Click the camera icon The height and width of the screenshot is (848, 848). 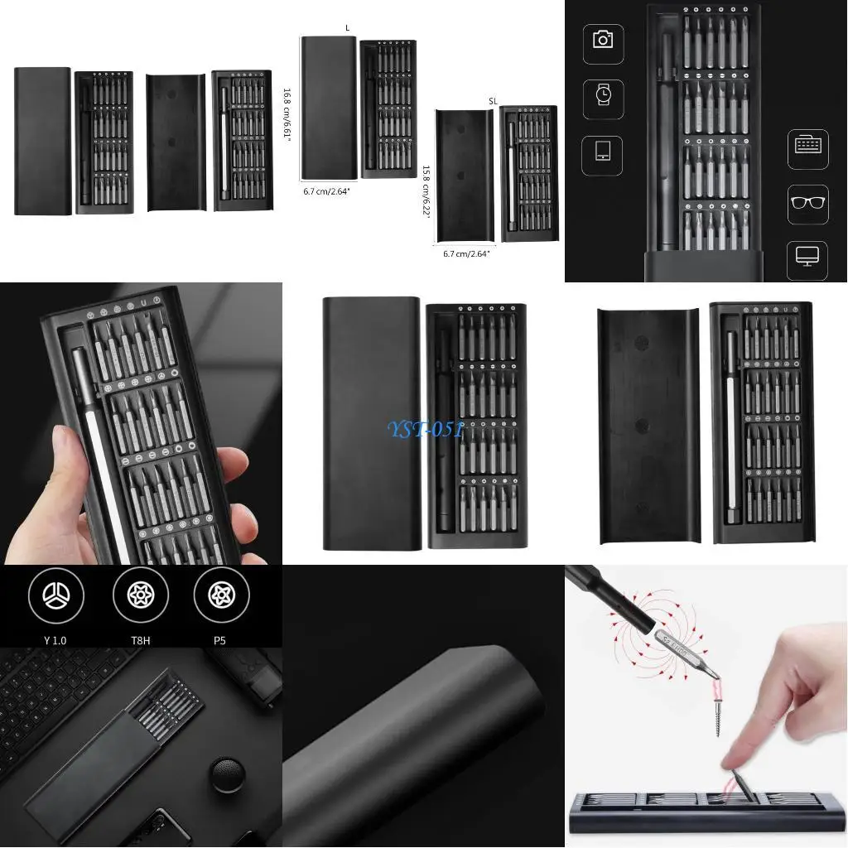click(603, 40)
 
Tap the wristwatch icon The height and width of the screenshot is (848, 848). click(603, 96)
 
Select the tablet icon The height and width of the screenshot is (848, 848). click(602, 154)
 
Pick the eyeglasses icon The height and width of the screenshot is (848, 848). click(808, 204)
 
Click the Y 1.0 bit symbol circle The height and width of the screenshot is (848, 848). click(55, 595)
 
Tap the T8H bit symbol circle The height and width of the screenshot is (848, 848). click(140, 595)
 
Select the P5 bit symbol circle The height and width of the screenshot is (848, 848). click(221, 595)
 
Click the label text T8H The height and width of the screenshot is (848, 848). click(140, 639)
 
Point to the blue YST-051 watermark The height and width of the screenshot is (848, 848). click(423, 429)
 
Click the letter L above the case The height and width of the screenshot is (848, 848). click(347, 28)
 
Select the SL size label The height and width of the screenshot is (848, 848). click(493, 100)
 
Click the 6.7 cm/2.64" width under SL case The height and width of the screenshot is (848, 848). click(465, 254)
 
